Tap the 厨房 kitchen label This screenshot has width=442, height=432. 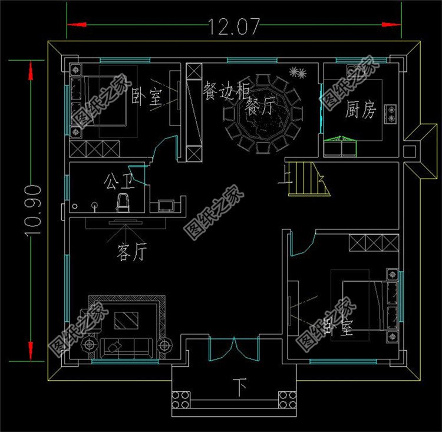360,110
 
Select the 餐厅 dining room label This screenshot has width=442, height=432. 260,107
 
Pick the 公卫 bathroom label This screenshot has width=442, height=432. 118,179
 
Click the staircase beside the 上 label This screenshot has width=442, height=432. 305,180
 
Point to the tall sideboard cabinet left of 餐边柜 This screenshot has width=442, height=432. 194,112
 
